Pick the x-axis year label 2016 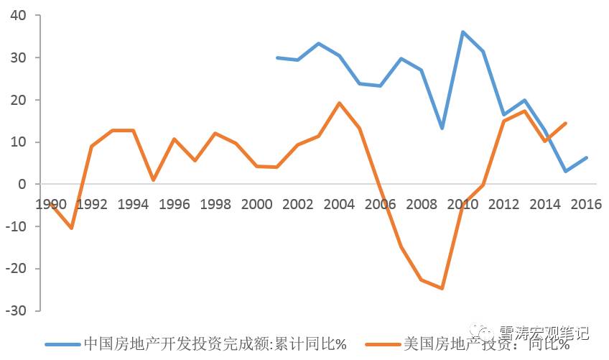tap(587, 204)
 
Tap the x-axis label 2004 tap(339, 204)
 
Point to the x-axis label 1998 tap(215, 204)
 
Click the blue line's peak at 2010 tap(462, 32)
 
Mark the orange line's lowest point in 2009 tap(442, 288)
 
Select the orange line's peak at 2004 tap(339, 103)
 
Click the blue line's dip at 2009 tap(442, 128)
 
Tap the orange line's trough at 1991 tap(71, 228)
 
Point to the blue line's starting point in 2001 tap(277, 57)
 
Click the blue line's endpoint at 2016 tap(587, 157)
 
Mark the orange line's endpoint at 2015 tap(566, 123)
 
